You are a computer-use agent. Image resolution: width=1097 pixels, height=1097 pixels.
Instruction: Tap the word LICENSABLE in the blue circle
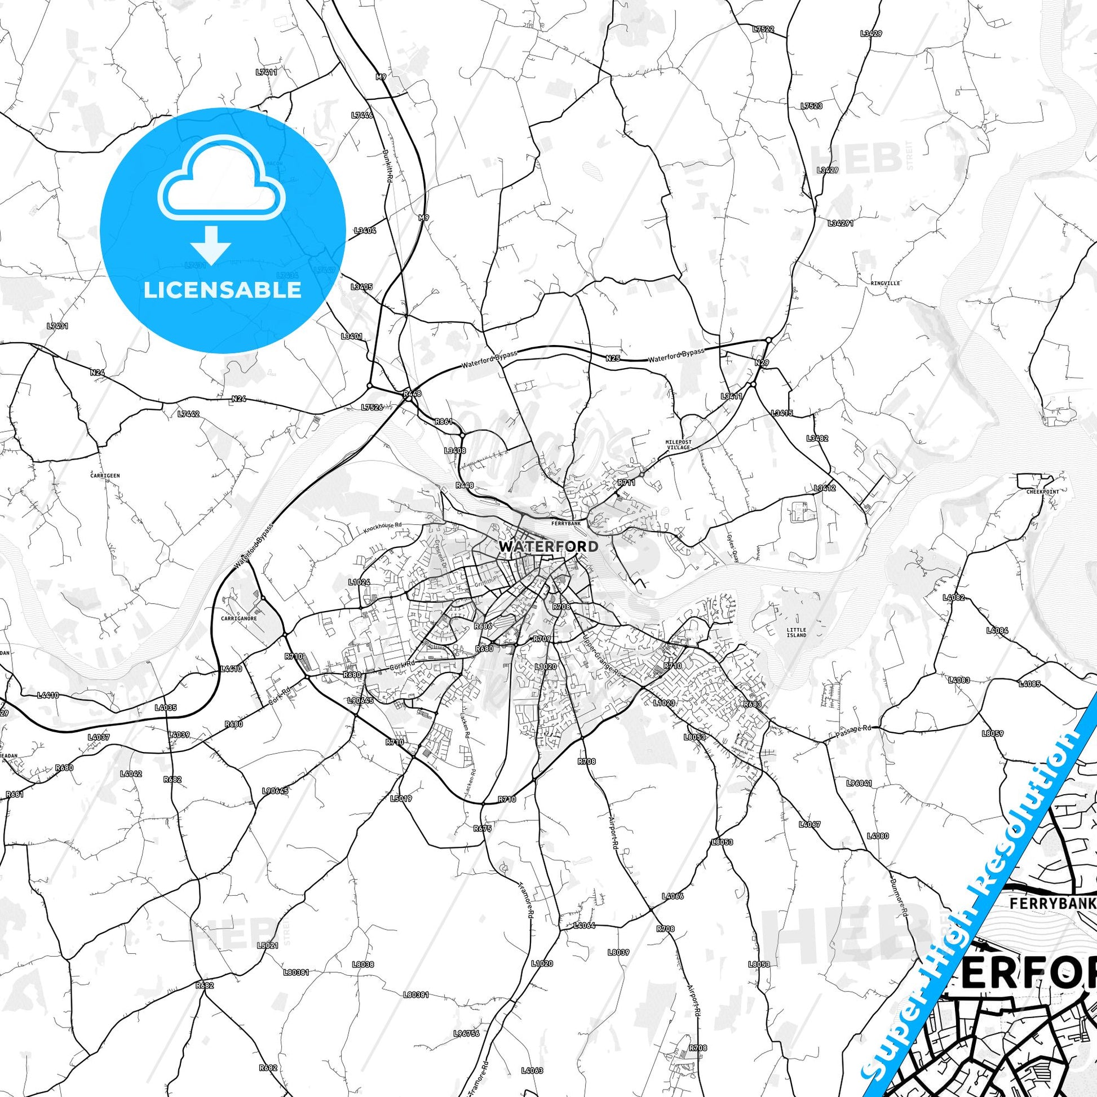[x=223, y=290]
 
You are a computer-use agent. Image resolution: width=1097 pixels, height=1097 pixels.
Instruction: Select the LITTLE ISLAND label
[x=796, y=632]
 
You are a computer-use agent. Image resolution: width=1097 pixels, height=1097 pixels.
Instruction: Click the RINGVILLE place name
[x=884, y=283]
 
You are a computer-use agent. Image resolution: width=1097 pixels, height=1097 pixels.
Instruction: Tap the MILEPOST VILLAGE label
[x=678, y=445]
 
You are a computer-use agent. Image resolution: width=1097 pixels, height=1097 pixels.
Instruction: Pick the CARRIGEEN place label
[x=105, y=476]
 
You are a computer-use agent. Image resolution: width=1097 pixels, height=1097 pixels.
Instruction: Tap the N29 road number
[x=762, y=362]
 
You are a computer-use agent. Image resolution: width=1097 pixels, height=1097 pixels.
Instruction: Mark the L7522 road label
[x=763, y=28]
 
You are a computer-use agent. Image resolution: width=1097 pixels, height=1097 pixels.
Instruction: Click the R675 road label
[x=481, y=829]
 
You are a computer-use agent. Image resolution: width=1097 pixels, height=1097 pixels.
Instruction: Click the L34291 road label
[x=841, y=223]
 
